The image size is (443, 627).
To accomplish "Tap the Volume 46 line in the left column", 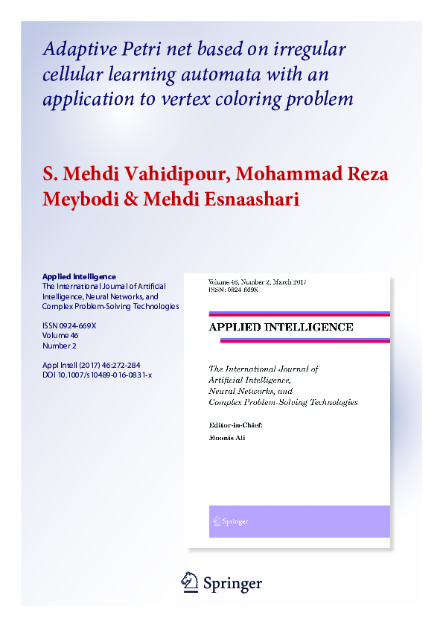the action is point(60,335).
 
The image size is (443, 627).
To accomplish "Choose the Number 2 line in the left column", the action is point(60,346).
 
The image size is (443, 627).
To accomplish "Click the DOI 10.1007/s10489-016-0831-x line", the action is point(98,375).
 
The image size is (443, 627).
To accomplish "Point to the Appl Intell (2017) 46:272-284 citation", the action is point(92,365).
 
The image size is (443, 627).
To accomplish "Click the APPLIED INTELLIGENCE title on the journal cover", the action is point(281,327).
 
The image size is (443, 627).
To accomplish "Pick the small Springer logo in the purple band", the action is point(232,521).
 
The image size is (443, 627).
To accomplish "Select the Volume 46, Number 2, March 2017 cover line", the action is point(258,282).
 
